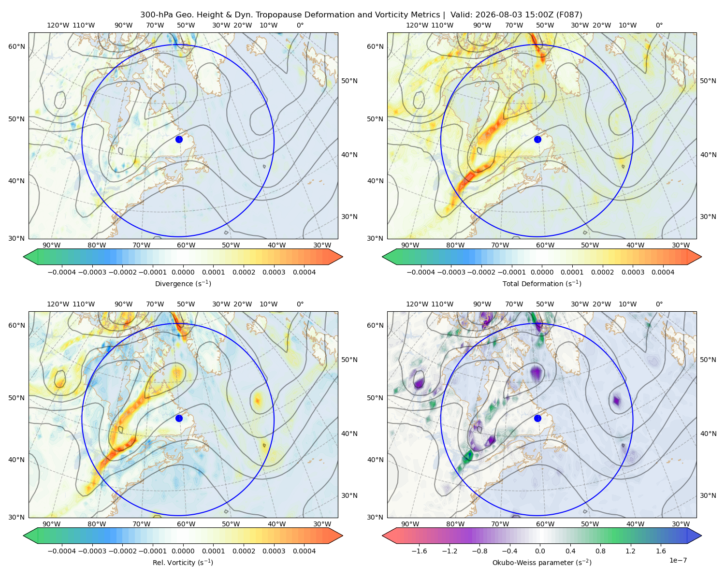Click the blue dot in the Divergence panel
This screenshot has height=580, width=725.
point(179,139)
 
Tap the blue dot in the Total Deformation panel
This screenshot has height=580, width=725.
point(537,139)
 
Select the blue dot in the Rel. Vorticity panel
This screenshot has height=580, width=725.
point(179,418)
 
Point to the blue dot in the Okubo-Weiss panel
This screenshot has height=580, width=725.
point(537,418)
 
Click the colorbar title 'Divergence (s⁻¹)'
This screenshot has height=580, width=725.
point(183,283)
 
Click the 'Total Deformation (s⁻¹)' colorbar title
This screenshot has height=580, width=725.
point(542,283)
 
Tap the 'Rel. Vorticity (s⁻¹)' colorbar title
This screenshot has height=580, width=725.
point(183,562)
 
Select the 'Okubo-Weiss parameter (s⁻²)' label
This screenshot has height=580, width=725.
point(542,562)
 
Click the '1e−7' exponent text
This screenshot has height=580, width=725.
point(678,560)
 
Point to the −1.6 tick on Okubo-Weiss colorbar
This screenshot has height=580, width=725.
point(419,551)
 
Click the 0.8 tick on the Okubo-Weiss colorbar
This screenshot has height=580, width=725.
point(600,551)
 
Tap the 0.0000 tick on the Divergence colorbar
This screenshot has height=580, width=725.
point(183,272)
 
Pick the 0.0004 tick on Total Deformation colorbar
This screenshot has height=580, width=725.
point(663,272)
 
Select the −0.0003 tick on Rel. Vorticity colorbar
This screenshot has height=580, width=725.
point(92,551)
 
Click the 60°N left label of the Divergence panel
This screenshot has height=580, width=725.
point(16,46)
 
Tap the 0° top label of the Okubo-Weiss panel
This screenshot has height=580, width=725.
point(659,304)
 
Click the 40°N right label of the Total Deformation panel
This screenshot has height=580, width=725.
point(708,155)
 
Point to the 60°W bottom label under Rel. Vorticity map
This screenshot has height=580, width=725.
point(186,524)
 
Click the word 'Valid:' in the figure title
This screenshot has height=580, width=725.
point(461,15)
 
